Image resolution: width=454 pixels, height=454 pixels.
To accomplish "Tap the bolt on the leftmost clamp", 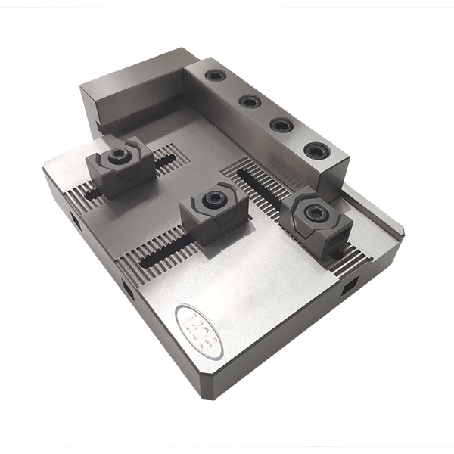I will tap(118, 157).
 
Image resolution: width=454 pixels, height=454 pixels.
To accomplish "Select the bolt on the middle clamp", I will tap(214, 201).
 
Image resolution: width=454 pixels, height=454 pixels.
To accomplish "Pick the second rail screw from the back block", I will tap(250, 101).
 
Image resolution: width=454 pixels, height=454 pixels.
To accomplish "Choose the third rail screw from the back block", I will tap(281, 125).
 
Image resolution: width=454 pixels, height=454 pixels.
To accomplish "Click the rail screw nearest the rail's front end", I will tap(316, 151).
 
